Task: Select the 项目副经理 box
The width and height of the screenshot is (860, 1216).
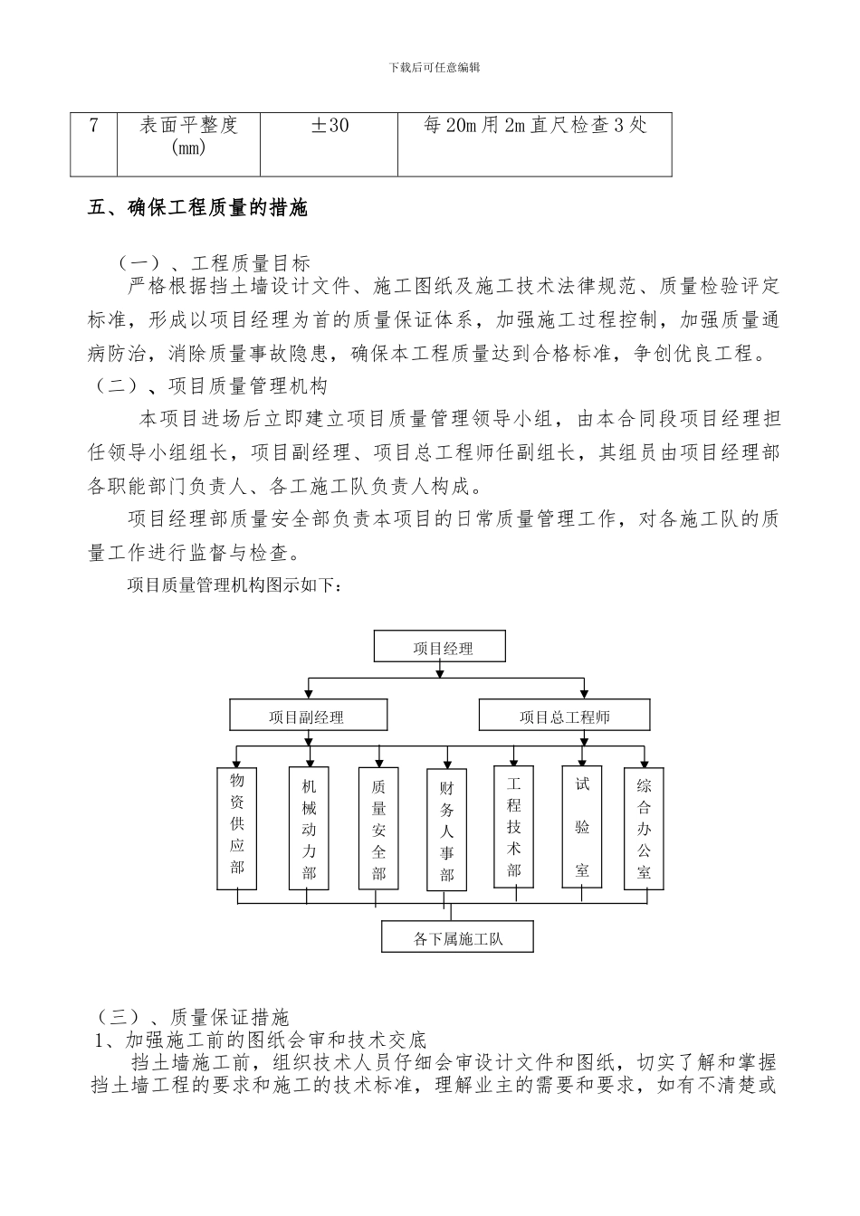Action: [x=308, y=717]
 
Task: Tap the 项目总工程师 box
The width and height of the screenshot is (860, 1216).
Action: [x=565, y=717]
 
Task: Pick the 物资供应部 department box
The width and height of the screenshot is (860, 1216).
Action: [x=237, y=827]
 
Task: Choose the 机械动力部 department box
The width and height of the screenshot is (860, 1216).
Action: [x=309, y=827]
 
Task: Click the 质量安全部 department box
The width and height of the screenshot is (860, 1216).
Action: [x=378, y=827]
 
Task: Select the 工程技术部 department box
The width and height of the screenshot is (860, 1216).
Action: [x=514, y=825]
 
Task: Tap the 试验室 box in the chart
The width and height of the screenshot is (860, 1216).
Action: [x=582, y=825]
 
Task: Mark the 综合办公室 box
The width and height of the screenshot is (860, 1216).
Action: [x=645, y=827]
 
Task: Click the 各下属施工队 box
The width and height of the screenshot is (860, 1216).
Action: [x=457, y=938]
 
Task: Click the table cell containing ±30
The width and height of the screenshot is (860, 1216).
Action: [x=329, y=143]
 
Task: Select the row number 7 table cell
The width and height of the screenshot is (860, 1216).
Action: [x=94, y=143]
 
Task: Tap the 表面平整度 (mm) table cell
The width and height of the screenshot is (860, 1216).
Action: [x=188, y=143]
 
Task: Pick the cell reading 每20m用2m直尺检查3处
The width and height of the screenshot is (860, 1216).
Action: [x=534, y=143]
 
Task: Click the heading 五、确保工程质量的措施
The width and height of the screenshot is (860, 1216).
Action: [x=198, y=208]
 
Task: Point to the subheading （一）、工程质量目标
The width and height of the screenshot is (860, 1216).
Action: [x=214, y=262]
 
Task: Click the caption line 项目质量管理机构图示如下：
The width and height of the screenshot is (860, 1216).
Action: [x=234, y=586]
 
